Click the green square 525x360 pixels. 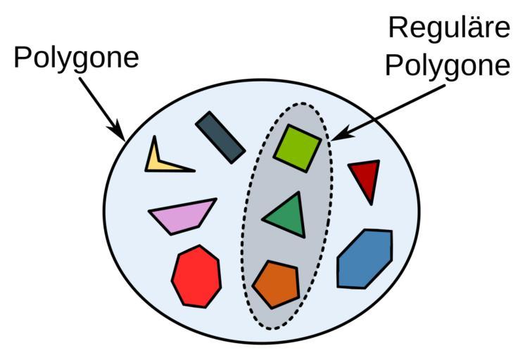point(297,148)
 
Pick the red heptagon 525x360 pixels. point(196,276)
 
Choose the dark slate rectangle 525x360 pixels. point(220,136)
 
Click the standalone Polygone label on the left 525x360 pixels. point(76,58)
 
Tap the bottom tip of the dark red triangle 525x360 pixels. point(372,203)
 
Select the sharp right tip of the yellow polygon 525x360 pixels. point(194,170)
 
